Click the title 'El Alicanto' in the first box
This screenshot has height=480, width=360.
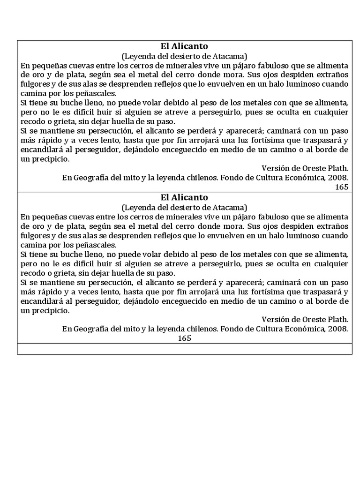pyautogui.click(x=184, y=46)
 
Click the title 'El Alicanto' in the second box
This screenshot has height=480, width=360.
pyautogui.click(x=184, y=197)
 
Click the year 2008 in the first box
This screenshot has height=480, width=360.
pyautogui.click(x=338, y=178)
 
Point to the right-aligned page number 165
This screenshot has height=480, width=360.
pyautogui.click(x=342, y=187)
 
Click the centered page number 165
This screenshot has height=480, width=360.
pyautogui.click(x=184, y=338)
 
